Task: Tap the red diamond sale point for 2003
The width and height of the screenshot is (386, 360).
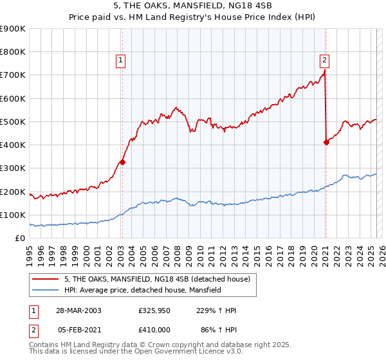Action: tap(122, 162)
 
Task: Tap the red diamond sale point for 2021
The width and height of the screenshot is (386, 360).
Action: tap(326, 142)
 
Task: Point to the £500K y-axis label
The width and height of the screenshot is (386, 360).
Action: tap(13, 122)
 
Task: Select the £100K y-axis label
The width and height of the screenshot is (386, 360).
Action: tap(13, 215)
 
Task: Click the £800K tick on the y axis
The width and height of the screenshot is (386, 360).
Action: tap(13, 52)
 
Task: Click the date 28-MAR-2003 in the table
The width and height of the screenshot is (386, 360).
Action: tap(78, 310)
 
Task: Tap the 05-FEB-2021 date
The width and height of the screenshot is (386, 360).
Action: tap(78, 329)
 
